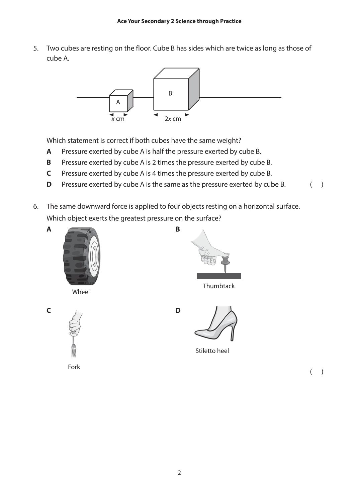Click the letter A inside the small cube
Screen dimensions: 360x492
click(118, 102)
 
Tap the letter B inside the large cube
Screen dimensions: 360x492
click(170, 93)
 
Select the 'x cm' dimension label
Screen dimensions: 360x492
click(118, 119)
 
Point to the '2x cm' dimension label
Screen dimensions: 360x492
click(173, 119)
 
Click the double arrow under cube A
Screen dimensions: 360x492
click(119, 115)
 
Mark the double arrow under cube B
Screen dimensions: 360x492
click(171, 115)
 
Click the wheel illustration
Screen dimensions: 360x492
click(82, 256)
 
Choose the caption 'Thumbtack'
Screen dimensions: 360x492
click(219, 286)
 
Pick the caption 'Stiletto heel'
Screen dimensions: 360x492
click(212, 351)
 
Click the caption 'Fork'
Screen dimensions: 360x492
click(74, 367)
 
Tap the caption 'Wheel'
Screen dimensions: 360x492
click(81, 292)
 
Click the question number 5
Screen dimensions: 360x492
click(36, 48)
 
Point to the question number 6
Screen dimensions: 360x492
click(36, 206)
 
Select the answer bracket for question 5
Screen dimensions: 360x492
click(317, 185)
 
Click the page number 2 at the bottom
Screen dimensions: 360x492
click(179, 473)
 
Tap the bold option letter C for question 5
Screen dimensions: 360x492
click(49, 174)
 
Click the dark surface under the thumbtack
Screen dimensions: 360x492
click(219, 276)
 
